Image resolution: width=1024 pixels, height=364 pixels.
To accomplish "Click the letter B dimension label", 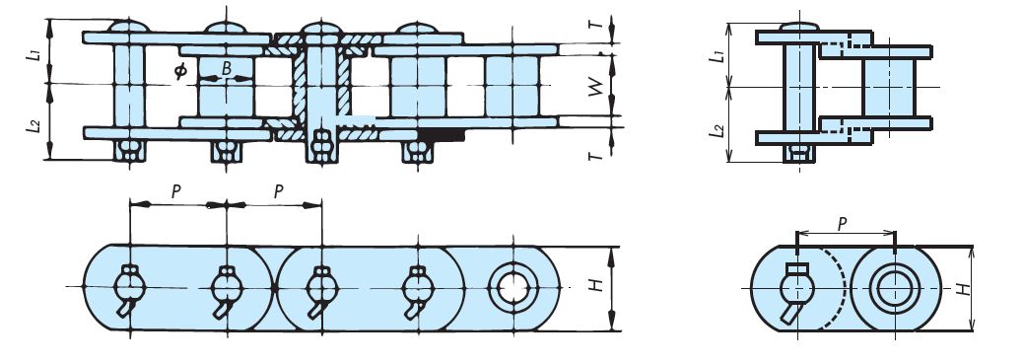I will click(227, 69).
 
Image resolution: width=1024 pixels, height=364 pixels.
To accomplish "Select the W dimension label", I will click(593, 87).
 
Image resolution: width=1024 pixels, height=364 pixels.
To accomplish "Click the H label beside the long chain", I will click(594, 287).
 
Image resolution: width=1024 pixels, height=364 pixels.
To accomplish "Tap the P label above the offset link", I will click(843, 224).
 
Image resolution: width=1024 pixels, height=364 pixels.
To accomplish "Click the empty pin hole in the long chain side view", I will click(511, 288).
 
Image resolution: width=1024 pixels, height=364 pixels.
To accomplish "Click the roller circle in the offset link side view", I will click(893, 288).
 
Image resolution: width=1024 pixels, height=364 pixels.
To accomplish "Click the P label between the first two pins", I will click(176, 192).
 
